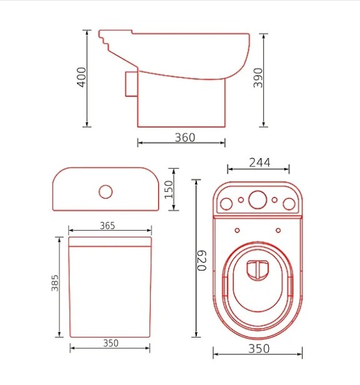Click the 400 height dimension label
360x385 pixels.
(81, 77)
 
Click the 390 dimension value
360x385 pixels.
(258, 78)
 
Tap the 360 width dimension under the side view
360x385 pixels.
(185, 137)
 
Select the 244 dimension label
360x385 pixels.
(259, 162)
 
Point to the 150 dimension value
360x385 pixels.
(169, 189)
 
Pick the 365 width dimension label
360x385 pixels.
(107, 226)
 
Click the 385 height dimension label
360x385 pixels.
(55, 283)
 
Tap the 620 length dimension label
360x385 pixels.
(202, 261)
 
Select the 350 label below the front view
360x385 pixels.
(111, 343)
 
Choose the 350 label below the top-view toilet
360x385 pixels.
(259, 349)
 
